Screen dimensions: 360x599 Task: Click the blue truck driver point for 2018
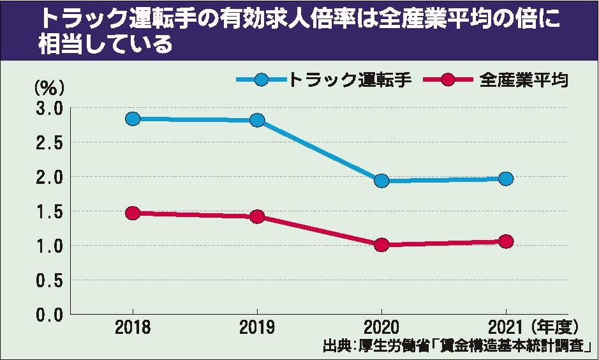[133, 119]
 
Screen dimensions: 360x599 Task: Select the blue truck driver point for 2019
[257, 120]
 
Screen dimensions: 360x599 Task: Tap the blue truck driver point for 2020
[381, 181]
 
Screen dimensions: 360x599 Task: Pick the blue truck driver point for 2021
[506, 179]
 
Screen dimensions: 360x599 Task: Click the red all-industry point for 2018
[133, 213]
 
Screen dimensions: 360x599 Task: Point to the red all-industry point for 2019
[257, 216]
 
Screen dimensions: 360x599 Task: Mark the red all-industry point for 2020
[381, 245]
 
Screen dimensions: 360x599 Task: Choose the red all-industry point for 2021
[506, 241]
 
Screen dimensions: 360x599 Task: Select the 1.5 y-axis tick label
[49, 212]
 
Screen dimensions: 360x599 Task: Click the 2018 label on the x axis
[133, 328]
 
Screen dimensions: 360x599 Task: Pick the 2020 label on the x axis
[381, 328]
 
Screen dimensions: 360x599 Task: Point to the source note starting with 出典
[458, 347]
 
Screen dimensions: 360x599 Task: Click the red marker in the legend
[447, 80]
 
